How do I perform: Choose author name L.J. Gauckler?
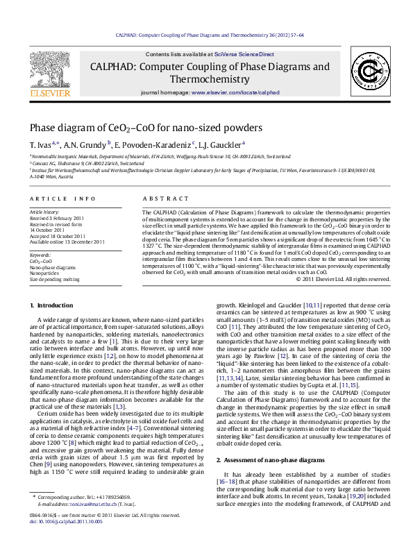point(219,144)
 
